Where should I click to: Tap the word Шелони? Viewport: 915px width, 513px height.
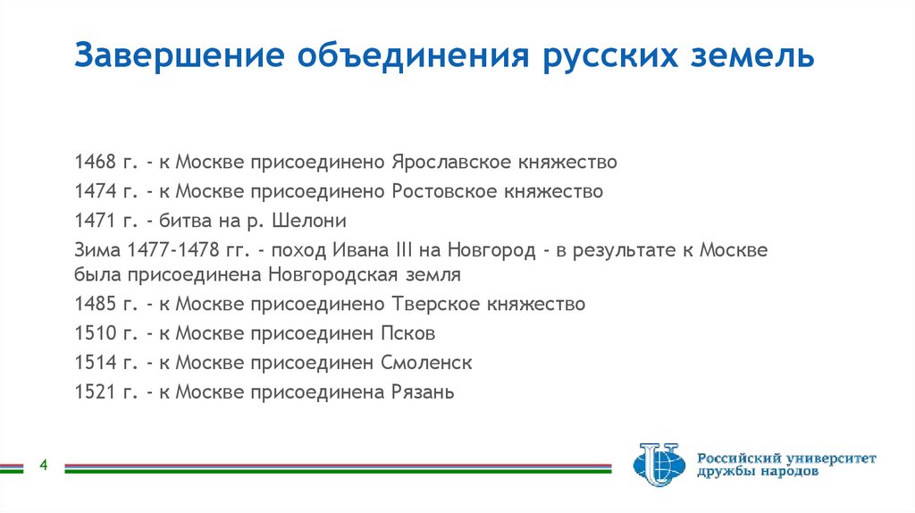[314, 220]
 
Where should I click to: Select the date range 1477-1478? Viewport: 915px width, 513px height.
[172, 248]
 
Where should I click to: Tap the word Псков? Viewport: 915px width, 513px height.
[413, 333]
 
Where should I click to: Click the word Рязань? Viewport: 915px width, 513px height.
[423, 391]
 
